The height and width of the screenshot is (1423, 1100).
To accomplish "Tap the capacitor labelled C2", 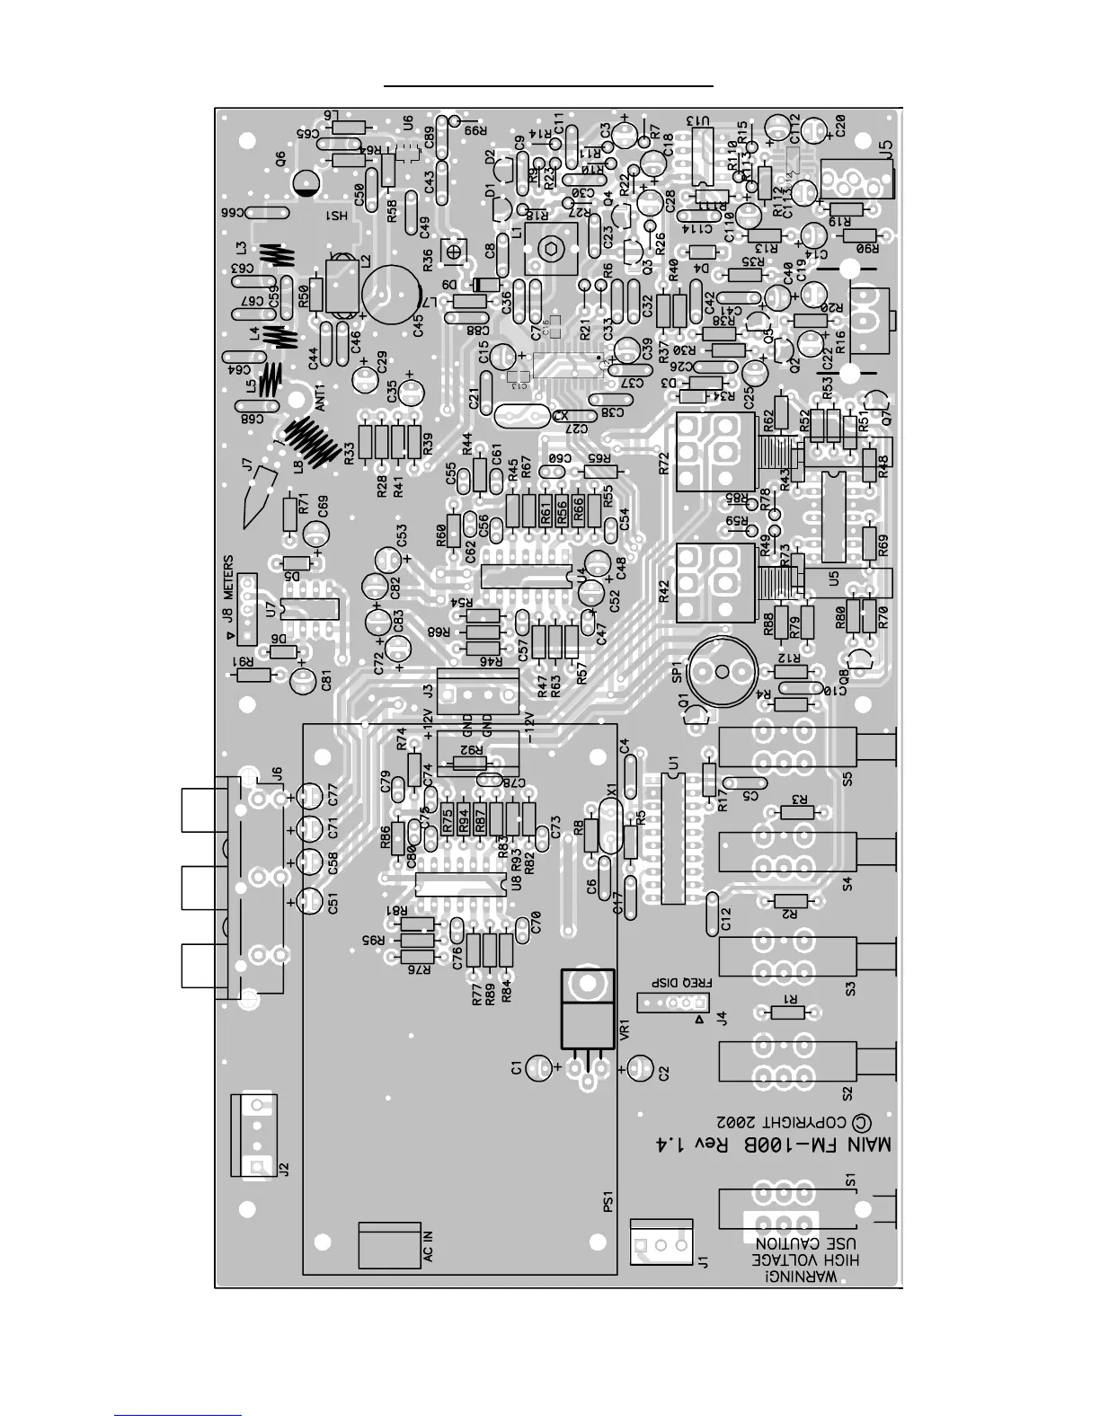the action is (x=638, y=1068).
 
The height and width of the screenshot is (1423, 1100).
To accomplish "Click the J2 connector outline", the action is (x=257, y=1135).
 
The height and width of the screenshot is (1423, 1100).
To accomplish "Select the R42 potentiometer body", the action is (x=709, y=582).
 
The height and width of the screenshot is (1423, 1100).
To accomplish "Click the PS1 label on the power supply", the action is (x=608, y=1201).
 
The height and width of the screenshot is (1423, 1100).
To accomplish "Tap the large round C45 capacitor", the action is (x=392, y=292).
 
